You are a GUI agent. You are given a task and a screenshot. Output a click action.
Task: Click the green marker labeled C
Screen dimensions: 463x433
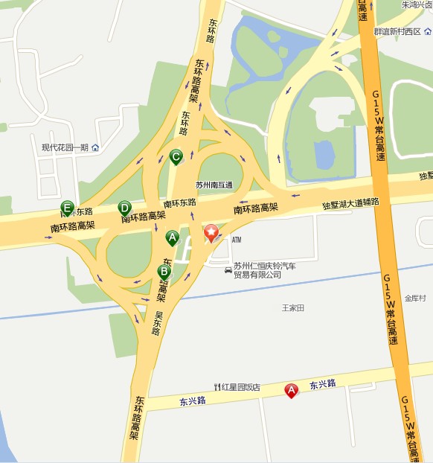(176, 157)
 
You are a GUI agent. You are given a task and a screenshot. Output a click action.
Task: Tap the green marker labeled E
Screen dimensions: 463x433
(68, 208)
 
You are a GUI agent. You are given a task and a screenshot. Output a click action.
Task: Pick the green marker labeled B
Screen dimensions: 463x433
(164, 272)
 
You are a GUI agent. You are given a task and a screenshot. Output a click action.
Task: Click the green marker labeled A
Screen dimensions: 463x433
(172, 238)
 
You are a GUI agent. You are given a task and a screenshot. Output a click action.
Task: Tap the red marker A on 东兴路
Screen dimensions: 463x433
(292, 389)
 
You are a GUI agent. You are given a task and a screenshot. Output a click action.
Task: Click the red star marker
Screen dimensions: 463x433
(211, 234)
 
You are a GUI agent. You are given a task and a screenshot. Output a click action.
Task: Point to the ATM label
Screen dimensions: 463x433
(237, 240)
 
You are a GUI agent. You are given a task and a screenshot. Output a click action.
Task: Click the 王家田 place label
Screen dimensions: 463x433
(293, 307)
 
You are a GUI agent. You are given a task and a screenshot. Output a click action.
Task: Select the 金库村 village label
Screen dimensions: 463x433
(415, 298)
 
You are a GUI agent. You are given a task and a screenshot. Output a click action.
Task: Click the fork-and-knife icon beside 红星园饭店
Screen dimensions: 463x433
(216, 387)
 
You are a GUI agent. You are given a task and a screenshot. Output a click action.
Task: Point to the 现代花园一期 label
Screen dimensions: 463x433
(65, 147)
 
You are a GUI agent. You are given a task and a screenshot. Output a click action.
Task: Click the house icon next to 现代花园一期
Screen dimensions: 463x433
(95, 147)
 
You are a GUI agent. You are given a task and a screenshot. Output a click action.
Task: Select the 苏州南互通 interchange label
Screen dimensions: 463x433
(214, 185)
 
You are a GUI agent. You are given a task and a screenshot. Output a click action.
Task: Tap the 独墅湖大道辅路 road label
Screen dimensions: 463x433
(350, 203)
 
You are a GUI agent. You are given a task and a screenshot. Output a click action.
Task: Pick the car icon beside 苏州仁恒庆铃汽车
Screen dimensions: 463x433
(228, 269)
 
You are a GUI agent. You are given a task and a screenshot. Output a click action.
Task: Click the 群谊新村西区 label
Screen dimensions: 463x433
(397, 31)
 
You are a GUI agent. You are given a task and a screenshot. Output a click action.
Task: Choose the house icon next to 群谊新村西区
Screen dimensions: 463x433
(428, 31)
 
